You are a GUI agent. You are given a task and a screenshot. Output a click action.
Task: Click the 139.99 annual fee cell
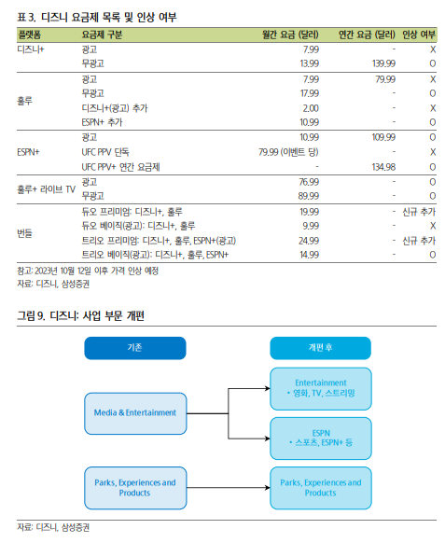click(x=383, y=63)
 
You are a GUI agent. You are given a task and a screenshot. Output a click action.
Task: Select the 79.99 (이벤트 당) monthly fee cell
click(x=288, y=152)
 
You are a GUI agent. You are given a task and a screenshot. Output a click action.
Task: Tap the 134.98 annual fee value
click(x=383, y=167)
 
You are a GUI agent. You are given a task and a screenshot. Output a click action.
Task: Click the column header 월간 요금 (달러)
click(x=290, y=35)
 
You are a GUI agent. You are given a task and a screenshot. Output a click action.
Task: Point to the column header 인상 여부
click(x=419, y=35)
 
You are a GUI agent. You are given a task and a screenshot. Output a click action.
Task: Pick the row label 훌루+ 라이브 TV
click(x=46, y=189)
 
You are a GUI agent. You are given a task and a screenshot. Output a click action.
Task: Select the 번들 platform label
click(x=24, y=233)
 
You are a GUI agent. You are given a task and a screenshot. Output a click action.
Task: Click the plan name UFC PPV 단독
click(x=105, y=152)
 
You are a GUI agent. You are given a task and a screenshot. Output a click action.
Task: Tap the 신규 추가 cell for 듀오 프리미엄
click(x=419, y=212)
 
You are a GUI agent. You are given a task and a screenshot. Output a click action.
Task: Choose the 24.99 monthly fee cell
click(x=309, y=241)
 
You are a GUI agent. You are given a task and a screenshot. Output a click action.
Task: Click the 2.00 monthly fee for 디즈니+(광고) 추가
click(x=311, y=108)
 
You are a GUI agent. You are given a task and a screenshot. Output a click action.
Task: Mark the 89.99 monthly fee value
click(x=309, y=196)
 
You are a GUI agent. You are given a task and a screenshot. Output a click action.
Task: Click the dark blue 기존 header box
click(x=135, y=348)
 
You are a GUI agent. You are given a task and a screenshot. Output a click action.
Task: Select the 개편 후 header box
click(x=320, y=348)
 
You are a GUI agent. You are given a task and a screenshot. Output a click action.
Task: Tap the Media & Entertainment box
click(x=135, y=413)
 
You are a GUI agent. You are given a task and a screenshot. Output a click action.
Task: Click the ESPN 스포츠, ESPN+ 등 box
click(x=321, y=439)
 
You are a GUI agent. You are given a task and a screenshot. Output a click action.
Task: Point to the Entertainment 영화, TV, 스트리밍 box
click(x=321, y=388)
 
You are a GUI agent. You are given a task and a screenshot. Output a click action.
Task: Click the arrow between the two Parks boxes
click(x=229, y=488)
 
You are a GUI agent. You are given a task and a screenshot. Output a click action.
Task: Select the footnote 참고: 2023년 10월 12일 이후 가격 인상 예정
click(x=88, y=271)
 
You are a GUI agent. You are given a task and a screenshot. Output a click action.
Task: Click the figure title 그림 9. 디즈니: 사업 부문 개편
click(x=80, y=315)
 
